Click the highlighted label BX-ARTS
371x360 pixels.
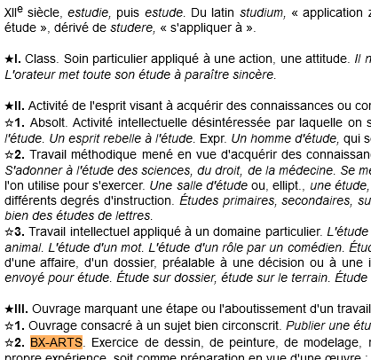pyautogui.click(x=56, y=342)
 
